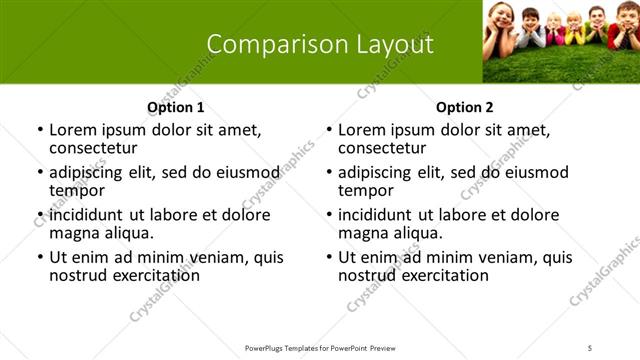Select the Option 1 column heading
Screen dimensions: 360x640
pos(176,107)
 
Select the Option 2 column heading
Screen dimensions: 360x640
pos(464,107)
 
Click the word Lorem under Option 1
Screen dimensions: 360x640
pos(74,130)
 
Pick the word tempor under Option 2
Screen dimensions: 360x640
pos(362,190)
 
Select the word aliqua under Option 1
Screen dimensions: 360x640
pos(125,233)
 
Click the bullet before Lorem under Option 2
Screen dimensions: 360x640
pos(329,131)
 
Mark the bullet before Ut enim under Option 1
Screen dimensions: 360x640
pos(40,258)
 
